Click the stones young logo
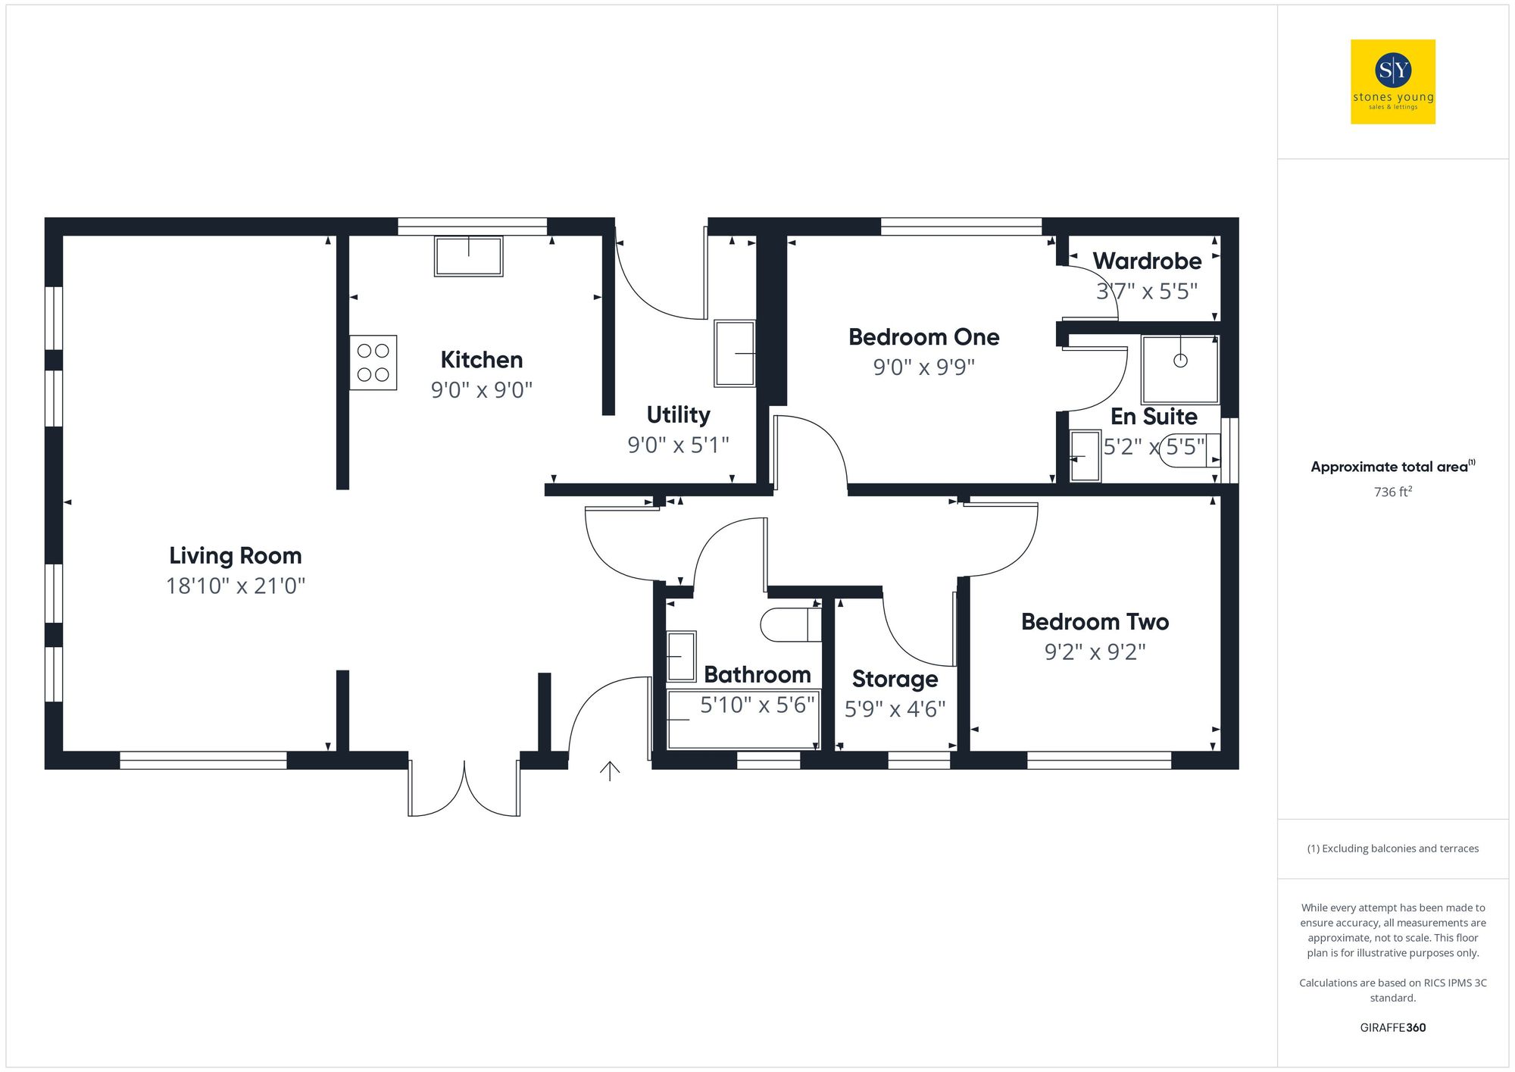(x=1392, y=82)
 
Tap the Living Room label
(x=235, y=556)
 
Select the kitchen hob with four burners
(x=373, y=363)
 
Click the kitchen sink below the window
(x=468, y=256)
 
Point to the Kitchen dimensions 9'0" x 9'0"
(x=481, y=390)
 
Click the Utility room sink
(x=735, y=353)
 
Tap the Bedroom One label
(x=923, y=337)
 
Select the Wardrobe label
(x=1146, y=261)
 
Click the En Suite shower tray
(x=1179, y=370)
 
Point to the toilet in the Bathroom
(x=790, y=625)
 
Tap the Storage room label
(x=895, y=679)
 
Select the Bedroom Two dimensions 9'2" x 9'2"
(x=1095, y=652)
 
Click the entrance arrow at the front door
(x=610, y=770)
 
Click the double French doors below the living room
(x=464, y=792)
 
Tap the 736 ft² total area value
(x=1392, y=492)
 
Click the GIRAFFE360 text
(x=1392, y=1028)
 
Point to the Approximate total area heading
(x=1391, y=467)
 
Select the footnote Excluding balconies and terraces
(x=1392, y=849)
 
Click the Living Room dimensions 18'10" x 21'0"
(x=235, y=586)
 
